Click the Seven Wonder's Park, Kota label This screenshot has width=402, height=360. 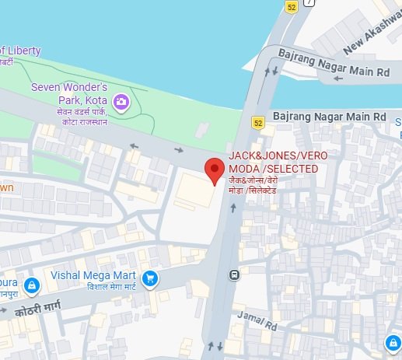tap(69, 93)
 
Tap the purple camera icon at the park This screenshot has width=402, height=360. tap(121, 101)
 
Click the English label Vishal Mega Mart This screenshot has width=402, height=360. tap(93, 276)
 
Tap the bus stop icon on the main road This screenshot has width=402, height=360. tap(233, 274)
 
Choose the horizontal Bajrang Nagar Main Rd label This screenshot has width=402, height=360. tap(330, 115)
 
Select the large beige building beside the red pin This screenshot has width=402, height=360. tap(194, 190)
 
